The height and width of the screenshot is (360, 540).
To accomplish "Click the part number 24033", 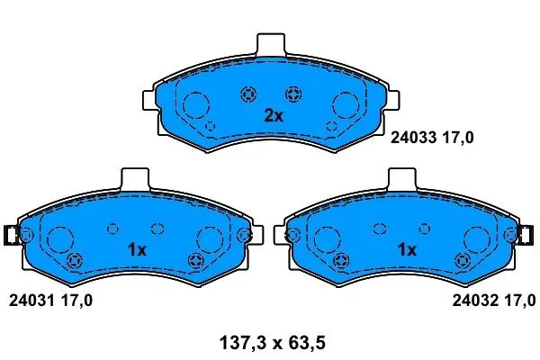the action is [413, 138].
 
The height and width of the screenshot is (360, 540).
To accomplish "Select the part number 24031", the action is [31, 301].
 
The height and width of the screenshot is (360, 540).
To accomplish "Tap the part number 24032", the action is [475, 301].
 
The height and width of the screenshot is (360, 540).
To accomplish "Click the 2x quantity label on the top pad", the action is [274, 116].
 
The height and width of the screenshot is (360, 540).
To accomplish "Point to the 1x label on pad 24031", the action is [137, 250].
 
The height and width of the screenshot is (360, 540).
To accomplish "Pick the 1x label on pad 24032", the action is [407, 250].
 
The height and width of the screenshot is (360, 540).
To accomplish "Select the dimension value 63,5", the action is [306, 343].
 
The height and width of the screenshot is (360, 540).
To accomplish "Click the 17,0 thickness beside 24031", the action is [76, 301].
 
